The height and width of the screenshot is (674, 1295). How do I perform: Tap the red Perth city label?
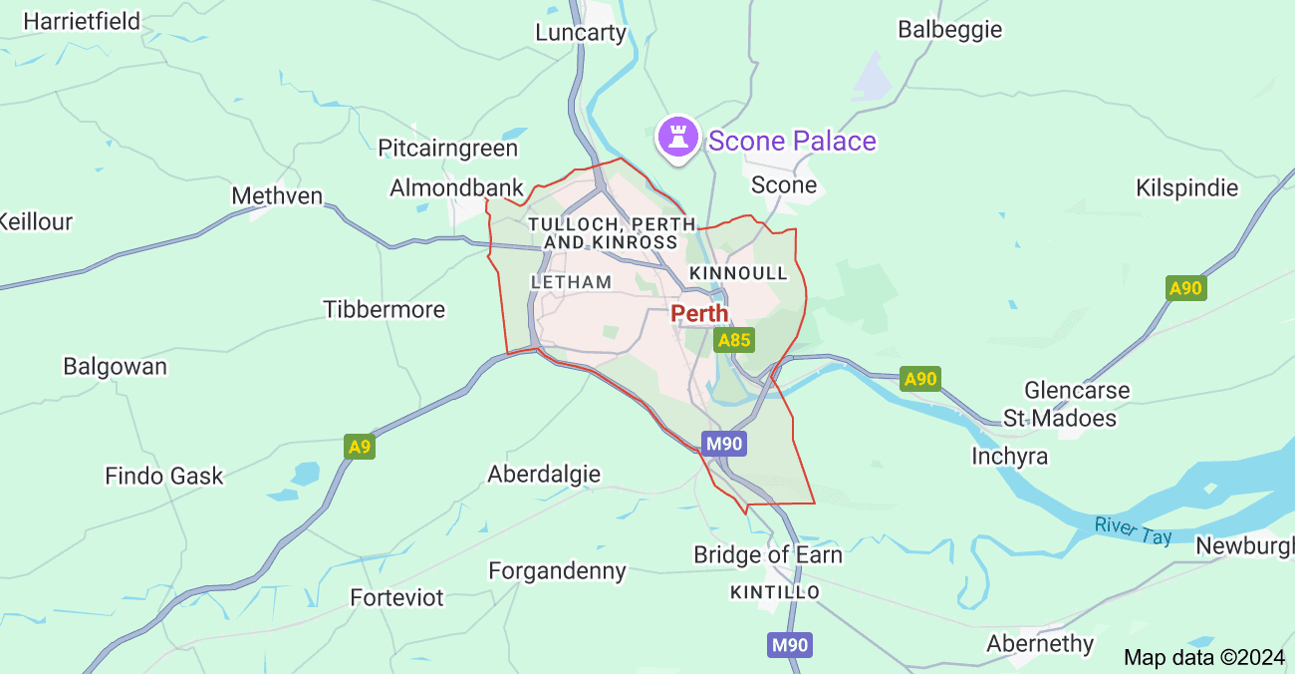coord(699,313)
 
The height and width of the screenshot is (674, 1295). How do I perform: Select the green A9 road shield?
coord(360,447)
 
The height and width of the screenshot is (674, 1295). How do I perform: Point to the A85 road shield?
coord(734,340)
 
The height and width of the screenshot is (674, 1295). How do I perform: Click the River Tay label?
coord(1133,529)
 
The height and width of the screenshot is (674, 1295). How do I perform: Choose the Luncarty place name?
coord(581,33)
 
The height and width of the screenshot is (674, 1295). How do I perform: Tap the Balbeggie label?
coord(949,29)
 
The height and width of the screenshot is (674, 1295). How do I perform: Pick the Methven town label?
coord(277,195)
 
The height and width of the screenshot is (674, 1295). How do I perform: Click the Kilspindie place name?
coord(1186,188)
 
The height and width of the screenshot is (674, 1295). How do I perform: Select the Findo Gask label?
coord(164,477)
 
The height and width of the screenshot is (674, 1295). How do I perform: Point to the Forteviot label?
coord(396,598)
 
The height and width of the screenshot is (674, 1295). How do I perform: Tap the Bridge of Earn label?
coord(768,554)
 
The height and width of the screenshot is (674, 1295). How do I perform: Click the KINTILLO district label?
coord(775,592)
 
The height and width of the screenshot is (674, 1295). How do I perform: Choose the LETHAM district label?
coord(572,282)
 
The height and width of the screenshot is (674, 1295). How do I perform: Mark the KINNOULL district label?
coord(738,273)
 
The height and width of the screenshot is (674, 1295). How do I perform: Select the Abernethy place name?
coord(1040,644)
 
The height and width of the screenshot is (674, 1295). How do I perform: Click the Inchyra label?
coord(1010,457)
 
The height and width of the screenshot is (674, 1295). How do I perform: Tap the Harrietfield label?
coord(82,21)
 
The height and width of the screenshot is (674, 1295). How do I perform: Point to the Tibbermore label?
coord(385,310)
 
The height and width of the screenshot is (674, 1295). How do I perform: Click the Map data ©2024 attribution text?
coord(1204,657)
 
